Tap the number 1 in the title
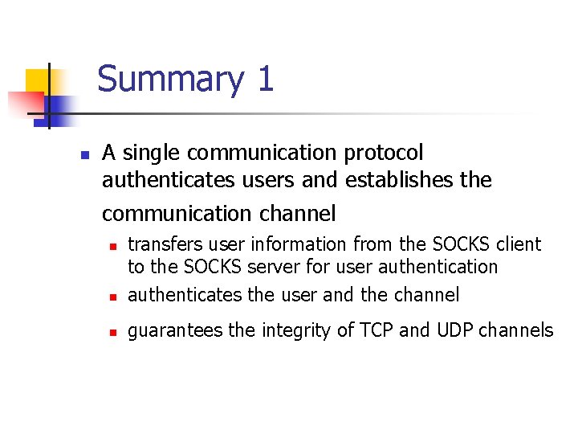(266, 80)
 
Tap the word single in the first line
(150, 153)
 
